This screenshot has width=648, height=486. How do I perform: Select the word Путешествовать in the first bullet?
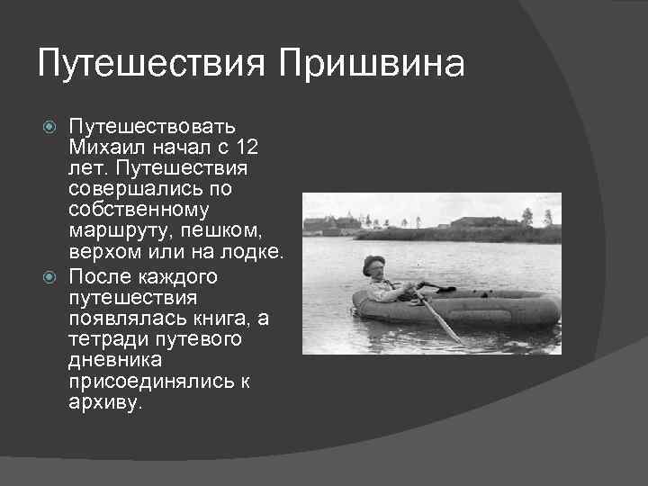[152, 125]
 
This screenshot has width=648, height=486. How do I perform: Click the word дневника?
[114, 361]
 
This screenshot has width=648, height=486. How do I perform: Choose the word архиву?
[104, 403]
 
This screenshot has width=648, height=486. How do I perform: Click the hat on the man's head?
[373, 262]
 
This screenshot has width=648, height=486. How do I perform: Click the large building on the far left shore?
[319, 224]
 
